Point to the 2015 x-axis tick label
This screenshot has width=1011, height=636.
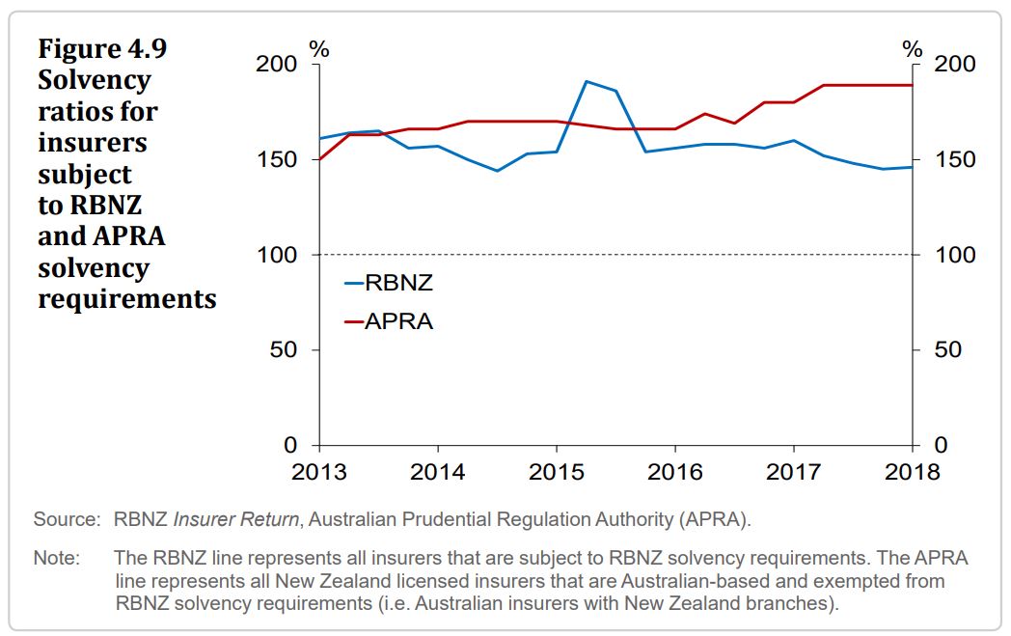[x=557, y=472]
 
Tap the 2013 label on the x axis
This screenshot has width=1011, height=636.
[x=318, y=472]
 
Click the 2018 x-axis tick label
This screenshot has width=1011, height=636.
[x=912, y=472]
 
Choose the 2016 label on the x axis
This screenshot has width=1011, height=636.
[x=675, y=472]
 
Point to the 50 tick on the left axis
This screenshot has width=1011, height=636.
[x=285, y=349]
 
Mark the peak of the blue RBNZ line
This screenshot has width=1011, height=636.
[x=587, y=81]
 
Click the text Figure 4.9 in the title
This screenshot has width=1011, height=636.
[x=95, y=48]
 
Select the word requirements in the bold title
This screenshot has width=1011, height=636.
[x=126, y=298]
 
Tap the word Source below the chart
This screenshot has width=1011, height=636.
[x=66, y=519]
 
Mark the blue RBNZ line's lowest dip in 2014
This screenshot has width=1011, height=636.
[x=497, y=171]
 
